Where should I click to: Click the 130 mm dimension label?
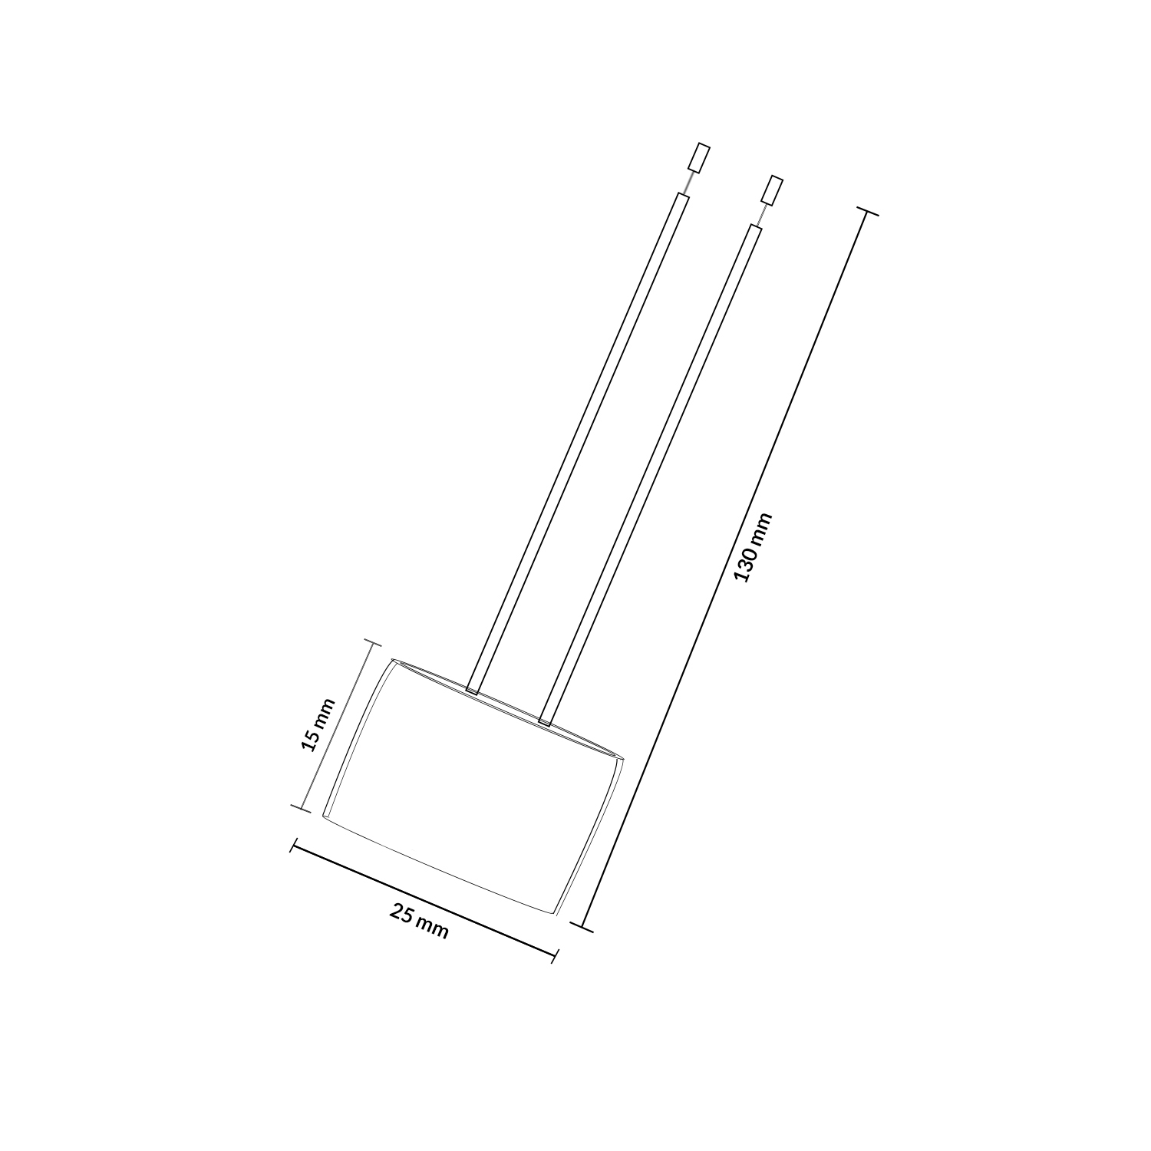pyautogui.click(x=753, y=547)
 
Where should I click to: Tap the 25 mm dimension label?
pyautogui.click(x=419, y=921)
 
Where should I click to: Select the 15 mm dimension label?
pyautogui.click(x=318, y=724)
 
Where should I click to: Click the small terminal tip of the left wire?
pyautogui.click(x=698, y=159)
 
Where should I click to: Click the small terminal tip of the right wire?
pyautogui.click(x=771, y=190)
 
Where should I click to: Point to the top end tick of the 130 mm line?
pyautogui.click(x=866, y=212)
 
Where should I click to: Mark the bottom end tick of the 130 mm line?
pyautogui.click(x=582, y=926)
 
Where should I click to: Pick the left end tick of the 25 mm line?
pyautogui.click(x=292, y=846)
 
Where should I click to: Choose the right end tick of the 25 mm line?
pyautogui.click(x=555, y=955)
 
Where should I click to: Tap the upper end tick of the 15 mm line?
pyautogui.click(x=372, y=642)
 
